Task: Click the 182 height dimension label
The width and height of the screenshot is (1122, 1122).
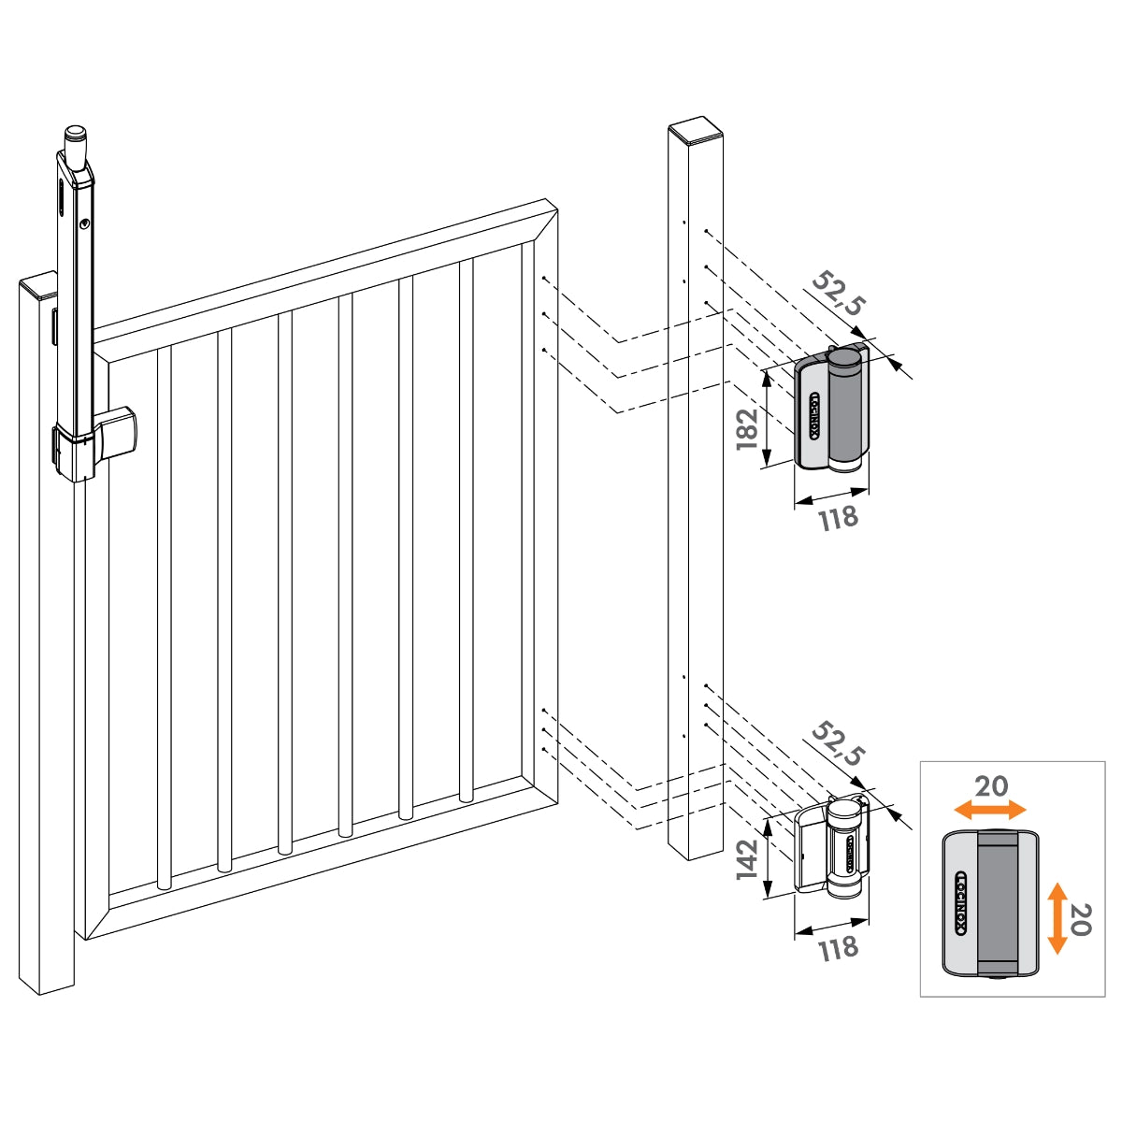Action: [747, 427]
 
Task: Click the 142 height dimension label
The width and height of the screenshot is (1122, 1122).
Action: [747, 859]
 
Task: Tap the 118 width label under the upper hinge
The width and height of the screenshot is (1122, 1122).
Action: [838, 517]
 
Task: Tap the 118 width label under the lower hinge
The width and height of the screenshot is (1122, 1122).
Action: [838, 948]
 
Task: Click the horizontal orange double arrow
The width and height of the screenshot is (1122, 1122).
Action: [989, 809]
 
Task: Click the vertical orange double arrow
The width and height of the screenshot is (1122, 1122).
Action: [1057, 918]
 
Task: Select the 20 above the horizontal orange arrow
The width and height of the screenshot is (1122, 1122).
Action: [991, 786]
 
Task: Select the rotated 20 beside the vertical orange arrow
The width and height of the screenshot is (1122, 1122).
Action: [1080, 919]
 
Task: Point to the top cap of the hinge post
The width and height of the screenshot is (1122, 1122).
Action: [696, 129]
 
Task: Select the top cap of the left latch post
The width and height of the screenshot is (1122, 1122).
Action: [37, 283]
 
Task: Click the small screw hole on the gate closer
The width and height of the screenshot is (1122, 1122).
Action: [84, 224]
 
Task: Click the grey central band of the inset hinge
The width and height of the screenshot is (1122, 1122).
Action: [998, 903]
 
